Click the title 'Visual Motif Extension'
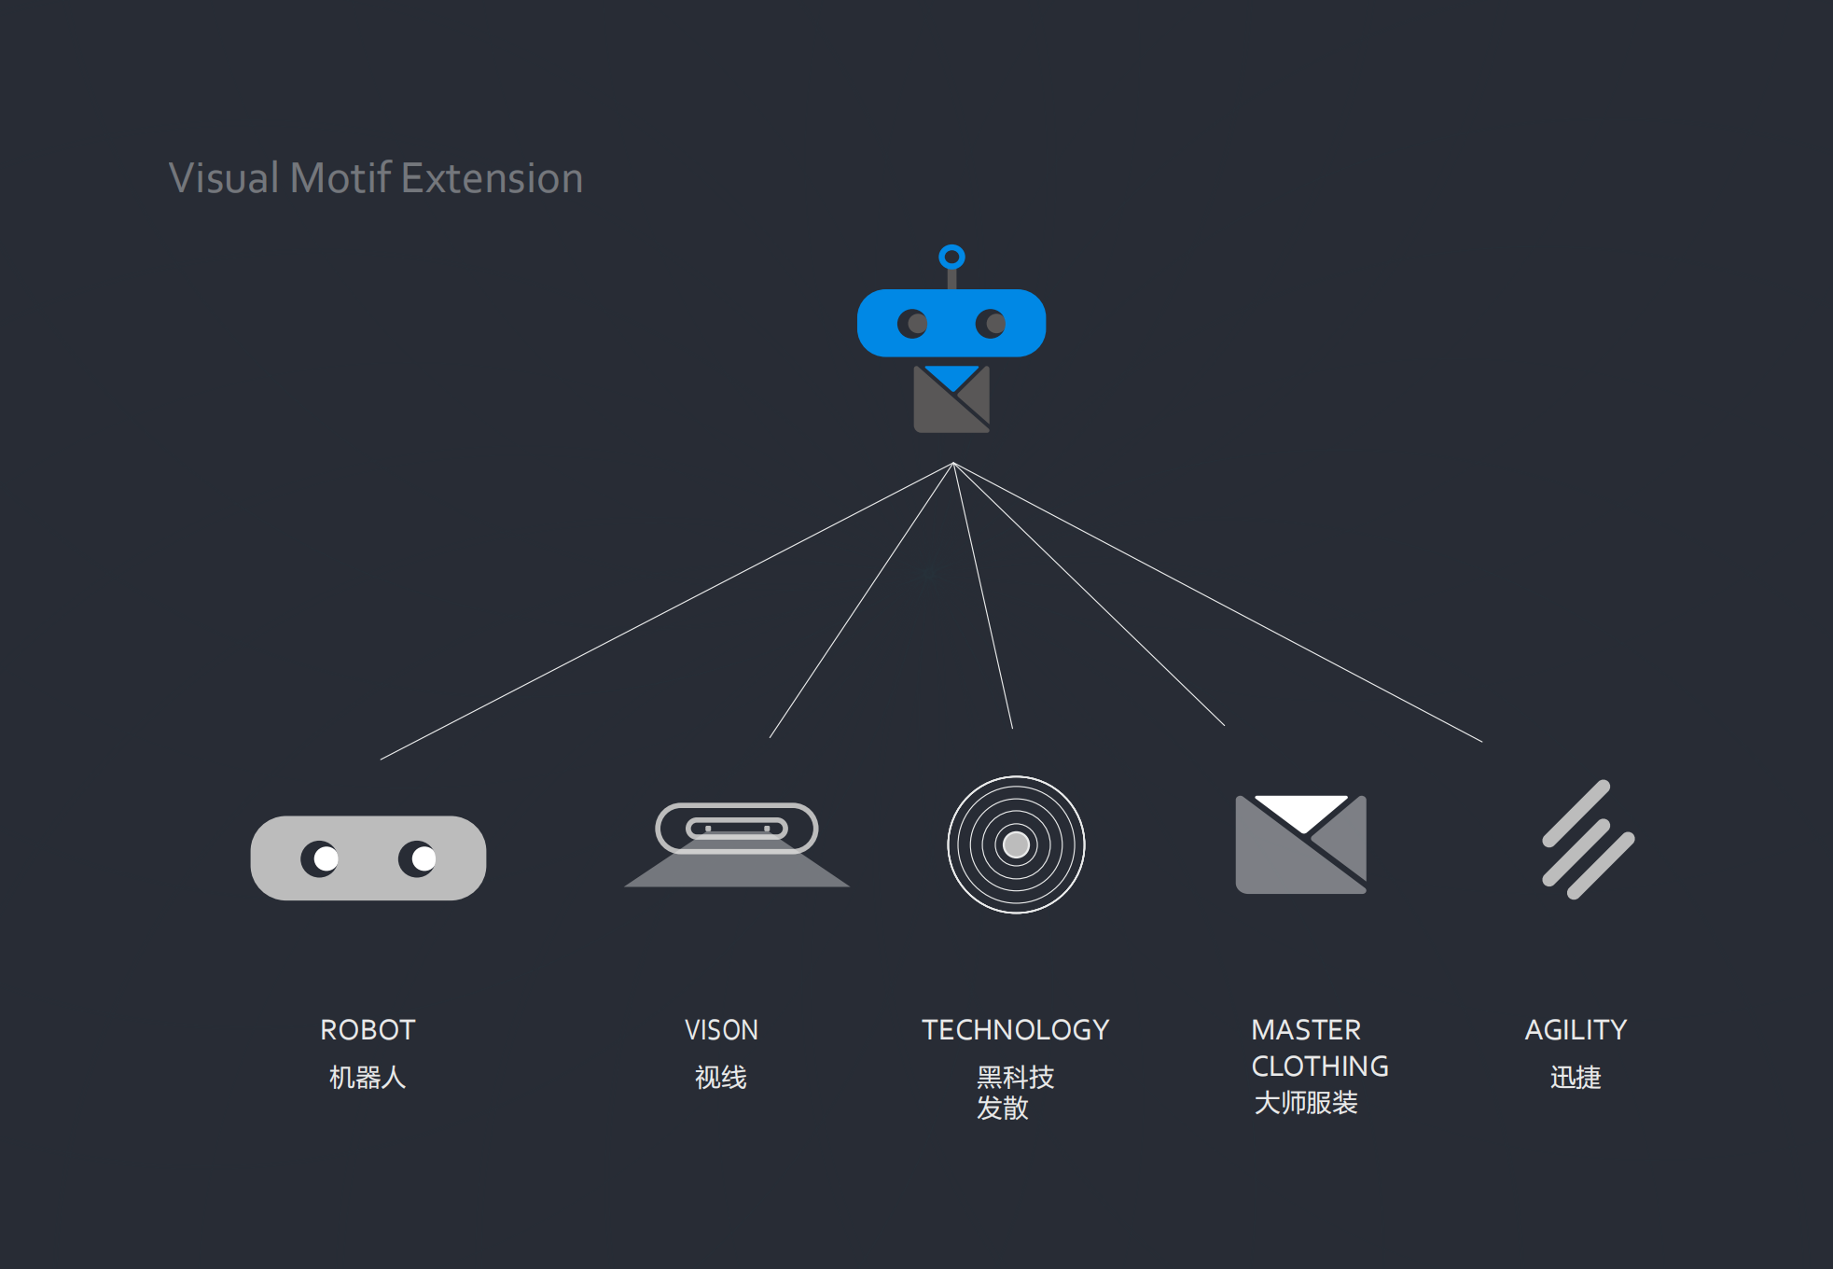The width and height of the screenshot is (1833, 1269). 376,177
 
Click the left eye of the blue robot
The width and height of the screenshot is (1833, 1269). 912,324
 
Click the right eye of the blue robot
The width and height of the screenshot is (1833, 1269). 991,324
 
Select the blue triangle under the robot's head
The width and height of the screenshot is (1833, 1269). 952,375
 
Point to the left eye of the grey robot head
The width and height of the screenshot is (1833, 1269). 320,858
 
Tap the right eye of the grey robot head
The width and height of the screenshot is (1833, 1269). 418,858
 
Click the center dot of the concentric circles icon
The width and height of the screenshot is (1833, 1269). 1016,844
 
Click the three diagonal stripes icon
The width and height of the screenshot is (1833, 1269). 1588,840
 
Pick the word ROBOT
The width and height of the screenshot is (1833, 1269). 368,1030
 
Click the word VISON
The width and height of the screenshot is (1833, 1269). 721,1030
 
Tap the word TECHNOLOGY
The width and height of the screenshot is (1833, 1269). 1016,1030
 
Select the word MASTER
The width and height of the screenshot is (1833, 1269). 1306,1030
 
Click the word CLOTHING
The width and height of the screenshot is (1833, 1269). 1320,1067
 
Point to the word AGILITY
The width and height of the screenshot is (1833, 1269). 1576,1030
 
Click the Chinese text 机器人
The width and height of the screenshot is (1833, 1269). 368,1078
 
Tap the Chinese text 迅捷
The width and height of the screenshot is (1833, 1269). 1576,1078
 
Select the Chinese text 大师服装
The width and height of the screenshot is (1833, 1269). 1306,1103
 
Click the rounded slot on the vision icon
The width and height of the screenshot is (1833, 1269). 737,828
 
